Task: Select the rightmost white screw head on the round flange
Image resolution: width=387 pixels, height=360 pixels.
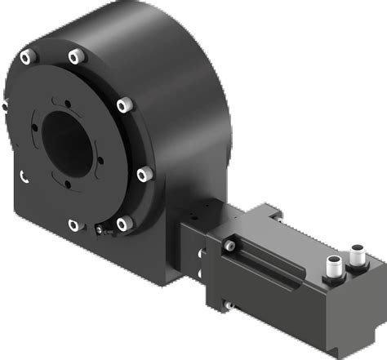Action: (x=142, y=174)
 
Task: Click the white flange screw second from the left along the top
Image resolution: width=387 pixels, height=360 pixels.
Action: (x=77, y=56)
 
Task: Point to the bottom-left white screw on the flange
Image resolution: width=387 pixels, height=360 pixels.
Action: (x=74, y=224)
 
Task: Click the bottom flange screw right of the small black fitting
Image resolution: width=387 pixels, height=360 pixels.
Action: (x=124, y=223)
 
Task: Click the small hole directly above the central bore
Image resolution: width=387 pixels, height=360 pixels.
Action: (x=59, y=100)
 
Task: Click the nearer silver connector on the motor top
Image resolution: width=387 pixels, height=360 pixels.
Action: (x=335, y=266)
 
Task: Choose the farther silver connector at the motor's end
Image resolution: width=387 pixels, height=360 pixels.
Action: (x=358, y=250)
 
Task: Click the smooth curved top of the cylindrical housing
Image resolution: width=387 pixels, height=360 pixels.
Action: (x=155, y=33)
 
